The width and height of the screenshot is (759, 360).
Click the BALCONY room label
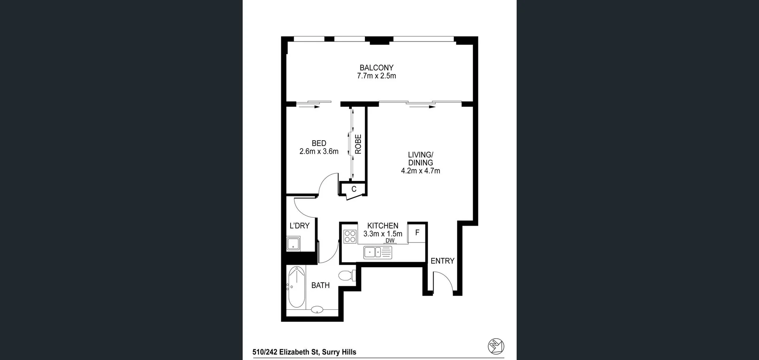click(376, 68)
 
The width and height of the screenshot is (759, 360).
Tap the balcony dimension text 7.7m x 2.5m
click(376, 76)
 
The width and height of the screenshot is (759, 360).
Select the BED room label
click(319, 143)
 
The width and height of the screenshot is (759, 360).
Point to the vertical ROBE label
click(358, 144)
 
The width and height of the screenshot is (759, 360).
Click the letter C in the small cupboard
click(354, 189)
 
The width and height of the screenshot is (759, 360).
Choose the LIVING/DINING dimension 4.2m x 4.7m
click(420, 171)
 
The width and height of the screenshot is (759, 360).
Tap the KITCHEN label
click(383, 226)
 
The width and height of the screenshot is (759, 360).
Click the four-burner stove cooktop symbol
click(350, 236)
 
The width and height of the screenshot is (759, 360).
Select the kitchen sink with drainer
click(378, 252)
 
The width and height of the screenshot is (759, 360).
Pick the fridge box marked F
click(417, 233)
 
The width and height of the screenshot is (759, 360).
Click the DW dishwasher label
click(390, 240)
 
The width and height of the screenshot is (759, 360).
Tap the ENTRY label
click(442, 261)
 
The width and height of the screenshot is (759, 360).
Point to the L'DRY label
click(299, 226)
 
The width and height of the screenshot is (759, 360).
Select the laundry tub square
click(293, 243)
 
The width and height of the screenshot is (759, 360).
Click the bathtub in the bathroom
click(296, 287)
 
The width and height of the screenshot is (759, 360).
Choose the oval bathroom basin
click(317, 310)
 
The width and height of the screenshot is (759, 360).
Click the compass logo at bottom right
click(496, 346)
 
